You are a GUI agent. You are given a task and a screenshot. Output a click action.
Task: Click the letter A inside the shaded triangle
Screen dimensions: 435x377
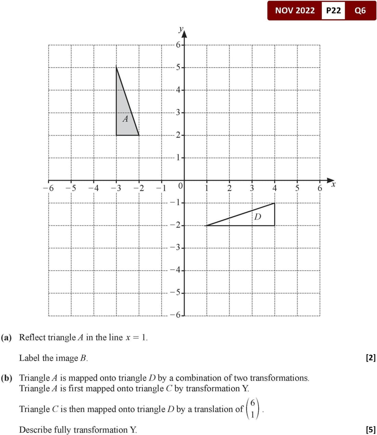pos(125,119)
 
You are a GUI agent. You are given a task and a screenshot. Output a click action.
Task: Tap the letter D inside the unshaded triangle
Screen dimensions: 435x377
pos(258,216)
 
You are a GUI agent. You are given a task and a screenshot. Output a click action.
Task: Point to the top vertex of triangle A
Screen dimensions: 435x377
pos(117,66)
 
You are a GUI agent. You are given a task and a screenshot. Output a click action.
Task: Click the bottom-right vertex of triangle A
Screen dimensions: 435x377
pos(139,135)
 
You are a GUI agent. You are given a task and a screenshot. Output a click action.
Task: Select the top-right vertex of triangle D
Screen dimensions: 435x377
pos(275,203)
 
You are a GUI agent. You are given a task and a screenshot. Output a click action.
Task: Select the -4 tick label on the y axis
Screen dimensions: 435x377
pos(175,270)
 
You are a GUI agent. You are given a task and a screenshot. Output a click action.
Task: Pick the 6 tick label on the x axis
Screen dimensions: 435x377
pos(320,188)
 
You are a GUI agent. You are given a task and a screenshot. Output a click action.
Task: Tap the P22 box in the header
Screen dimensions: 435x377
pos(333,11)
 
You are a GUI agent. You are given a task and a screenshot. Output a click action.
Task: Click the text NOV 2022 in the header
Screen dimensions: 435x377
pos(295,11)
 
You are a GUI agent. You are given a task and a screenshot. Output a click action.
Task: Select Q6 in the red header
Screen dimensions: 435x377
pos(360,11)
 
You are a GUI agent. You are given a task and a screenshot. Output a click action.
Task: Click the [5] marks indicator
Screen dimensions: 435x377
pos(371,430)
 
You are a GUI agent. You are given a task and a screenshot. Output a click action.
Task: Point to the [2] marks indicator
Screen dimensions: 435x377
pos(371,358)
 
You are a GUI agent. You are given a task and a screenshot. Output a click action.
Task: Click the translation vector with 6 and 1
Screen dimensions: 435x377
pos(253,409)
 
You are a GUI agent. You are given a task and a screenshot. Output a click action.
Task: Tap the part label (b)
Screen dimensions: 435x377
pos(7,378)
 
